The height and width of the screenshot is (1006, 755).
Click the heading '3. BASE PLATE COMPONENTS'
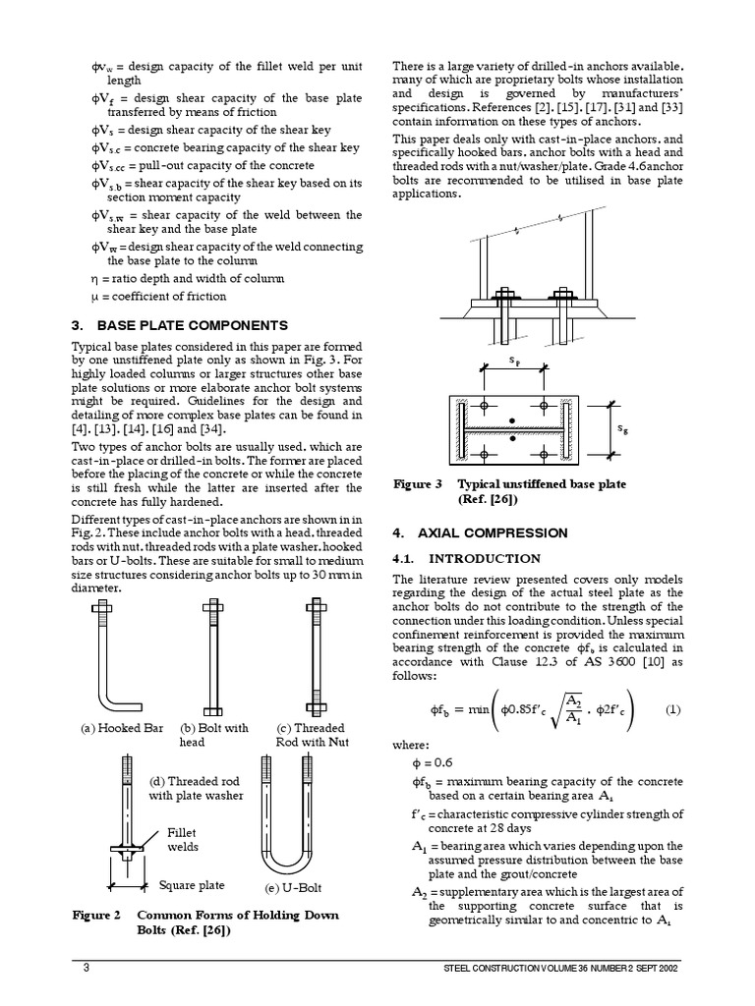180,325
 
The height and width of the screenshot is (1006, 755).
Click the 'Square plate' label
192,885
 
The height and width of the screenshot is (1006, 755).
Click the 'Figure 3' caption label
418,484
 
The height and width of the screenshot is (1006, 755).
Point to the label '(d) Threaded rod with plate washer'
196,788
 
